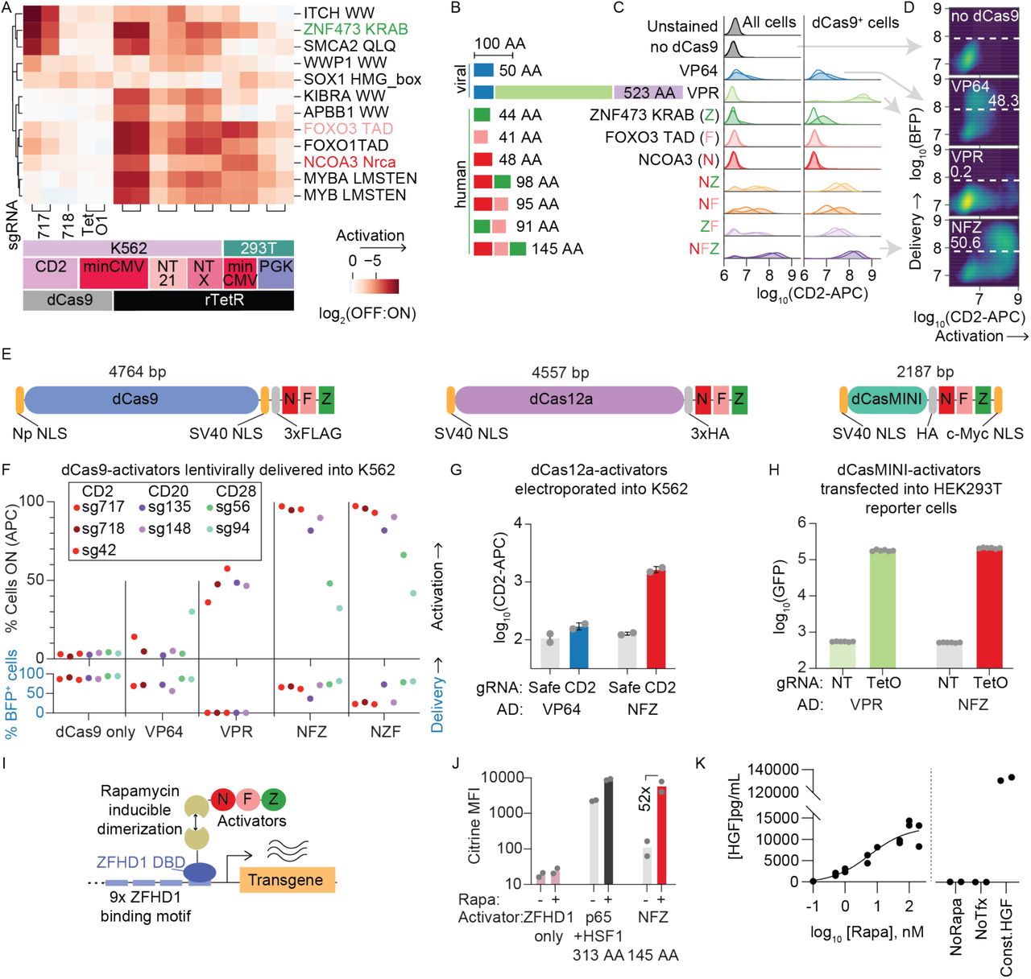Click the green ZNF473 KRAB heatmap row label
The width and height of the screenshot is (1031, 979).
(355, 30)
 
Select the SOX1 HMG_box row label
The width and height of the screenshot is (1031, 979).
(362, 79)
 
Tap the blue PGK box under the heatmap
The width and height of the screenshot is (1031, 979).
(276, 273)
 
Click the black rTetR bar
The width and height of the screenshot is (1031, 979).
(203, 300)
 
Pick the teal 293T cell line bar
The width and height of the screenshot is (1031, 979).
(258, 248)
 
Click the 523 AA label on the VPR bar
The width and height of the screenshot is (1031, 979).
(648, 93)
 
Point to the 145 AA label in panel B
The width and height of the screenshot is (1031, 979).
(557, 249)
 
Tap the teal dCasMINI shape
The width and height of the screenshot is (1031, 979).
(886, 399)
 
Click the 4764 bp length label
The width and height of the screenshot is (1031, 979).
(137, 372)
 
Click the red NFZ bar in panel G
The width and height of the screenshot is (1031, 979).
(657, 618)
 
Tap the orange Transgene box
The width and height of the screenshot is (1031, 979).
(286, 879)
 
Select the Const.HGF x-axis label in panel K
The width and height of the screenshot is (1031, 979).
(1007, 939)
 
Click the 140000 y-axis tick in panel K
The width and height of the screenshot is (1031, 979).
(772, 770)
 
